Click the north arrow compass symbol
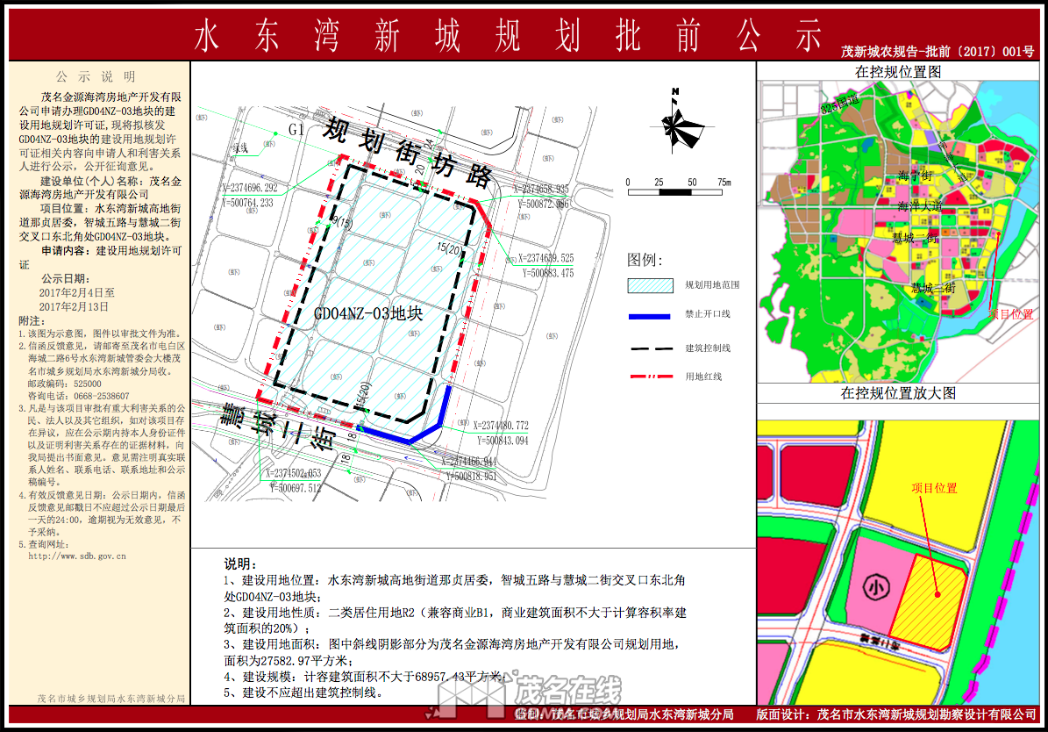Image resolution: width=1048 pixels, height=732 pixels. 675,124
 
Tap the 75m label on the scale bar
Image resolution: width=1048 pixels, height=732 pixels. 724,183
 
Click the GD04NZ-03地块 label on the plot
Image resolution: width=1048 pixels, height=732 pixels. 367,313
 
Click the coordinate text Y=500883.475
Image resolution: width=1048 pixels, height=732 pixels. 547,273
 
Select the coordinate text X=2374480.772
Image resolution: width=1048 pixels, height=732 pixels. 513,426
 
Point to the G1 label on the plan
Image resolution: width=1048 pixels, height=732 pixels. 296,129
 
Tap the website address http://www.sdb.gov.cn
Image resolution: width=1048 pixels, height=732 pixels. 77,556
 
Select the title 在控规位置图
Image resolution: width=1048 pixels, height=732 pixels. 898,71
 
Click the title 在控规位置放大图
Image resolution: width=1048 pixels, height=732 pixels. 898,393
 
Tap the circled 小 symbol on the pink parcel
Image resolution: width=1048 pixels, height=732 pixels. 874,585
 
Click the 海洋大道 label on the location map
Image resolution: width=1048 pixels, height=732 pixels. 920,206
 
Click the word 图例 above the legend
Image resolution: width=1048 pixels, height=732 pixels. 645,260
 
